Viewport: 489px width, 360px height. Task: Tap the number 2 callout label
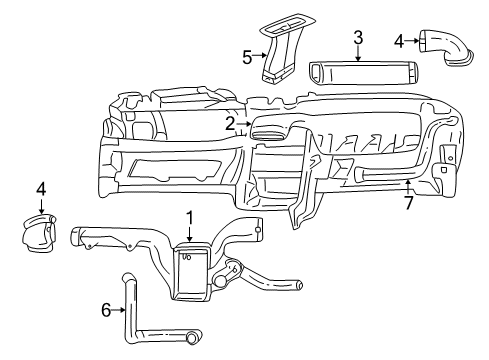click(x=230, y=124)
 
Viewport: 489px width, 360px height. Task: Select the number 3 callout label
click(x=357, y=37)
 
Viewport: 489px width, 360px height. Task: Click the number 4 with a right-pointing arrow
click(x=400, y=41)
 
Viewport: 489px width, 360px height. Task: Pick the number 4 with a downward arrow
click(x=41, y=188)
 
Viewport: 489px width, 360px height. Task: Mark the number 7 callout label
click(x=408, y=204)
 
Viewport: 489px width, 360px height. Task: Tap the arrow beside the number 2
click(x=244, y=124)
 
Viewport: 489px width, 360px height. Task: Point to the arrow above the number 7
click(x=408, y=186)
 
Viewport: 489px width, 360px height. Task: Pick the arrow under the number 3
click(x=357, y=54)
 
